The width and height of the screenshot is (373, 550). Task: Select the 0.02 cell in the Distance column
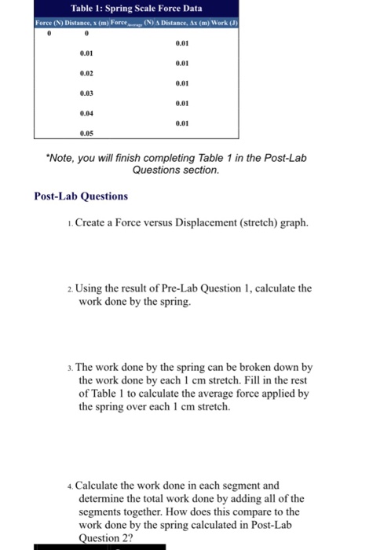86,71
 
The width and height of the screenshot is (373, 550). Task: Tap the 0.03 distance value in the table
86,93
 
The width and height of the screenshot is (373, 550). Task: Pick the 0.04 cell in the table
86,113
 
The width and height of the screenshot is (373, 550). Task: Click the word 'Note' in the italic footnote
62,158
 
